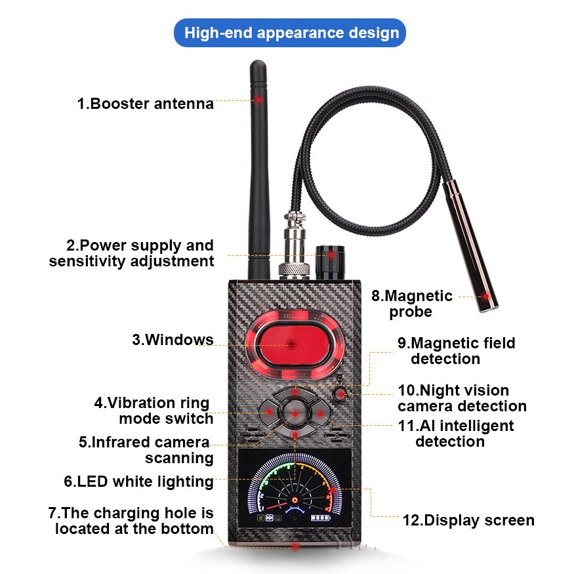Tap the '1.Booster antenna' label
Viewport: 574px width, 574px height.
[x=145, y=104]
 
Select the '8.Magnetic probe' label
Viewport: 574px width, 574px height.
[x=411, y=304]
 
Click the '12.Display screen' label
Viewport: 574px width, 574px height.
[x=468, y=521]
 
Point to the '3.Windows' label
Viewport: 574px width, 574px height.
[x=173, y=340]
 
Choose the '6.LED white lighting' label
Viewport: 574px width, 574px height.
[x=138, y=482]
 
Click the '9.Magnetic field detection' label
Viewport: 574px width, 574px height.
[x=457, y=351]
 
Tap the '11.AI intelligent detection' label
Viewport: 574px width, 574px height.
[x=455, y=433]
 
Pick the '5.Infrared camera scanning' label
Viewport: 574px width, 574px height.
[x=144, y=449]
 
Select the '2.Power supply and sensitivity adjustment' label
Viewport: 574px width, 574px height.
[x=131, y=253]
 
